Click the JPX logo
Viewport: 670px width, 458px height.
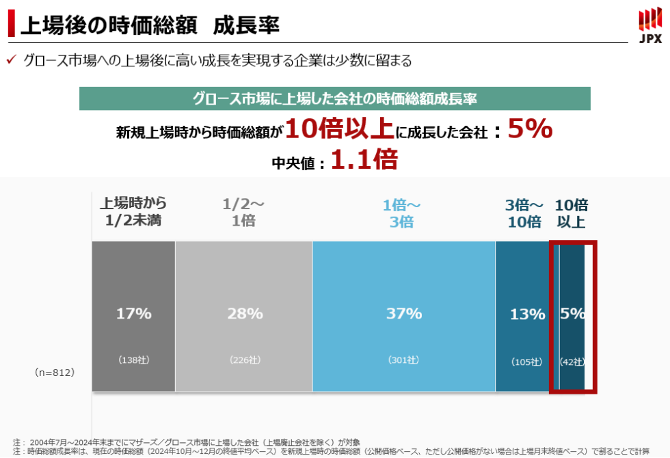click(649, 26)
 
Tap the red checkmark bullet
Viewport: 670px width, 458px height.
click(11, 60)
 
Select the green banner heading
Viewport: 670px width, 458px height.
click(334, 98)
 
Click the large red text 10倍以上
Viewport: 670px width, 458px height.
click(339, 129)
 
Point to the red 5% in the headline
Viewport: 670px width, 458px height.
click(531, 129)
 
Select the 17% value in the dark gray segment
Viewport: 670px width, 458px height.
click(133, 314)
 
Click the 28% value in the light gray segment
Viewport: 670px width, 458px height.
click(245, 314)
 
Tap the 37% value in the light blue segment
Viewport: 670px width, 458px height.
click(403, 314)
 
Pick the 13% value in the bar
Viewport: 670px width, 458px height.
click(527, 314)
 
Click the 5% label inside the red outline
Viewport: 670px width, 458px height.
click(573, 314)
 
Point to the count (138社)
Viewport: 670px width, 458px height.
click(133, 360)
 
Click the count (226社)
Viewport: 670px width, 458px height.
click(245, 360)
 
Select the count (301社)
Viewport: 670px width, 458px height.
click(403, 360)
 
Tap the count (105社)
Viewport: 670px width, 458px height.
click(527, 362)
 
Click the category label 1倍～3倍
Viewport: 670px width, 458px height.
click(402, 213)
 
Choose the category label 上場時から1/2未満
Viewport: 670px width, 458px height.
click(133, 212)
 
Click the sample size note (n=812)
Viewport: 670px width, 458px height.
click(54, 373)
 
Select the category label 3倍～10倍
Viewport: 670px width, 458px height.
click(524, 213)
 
